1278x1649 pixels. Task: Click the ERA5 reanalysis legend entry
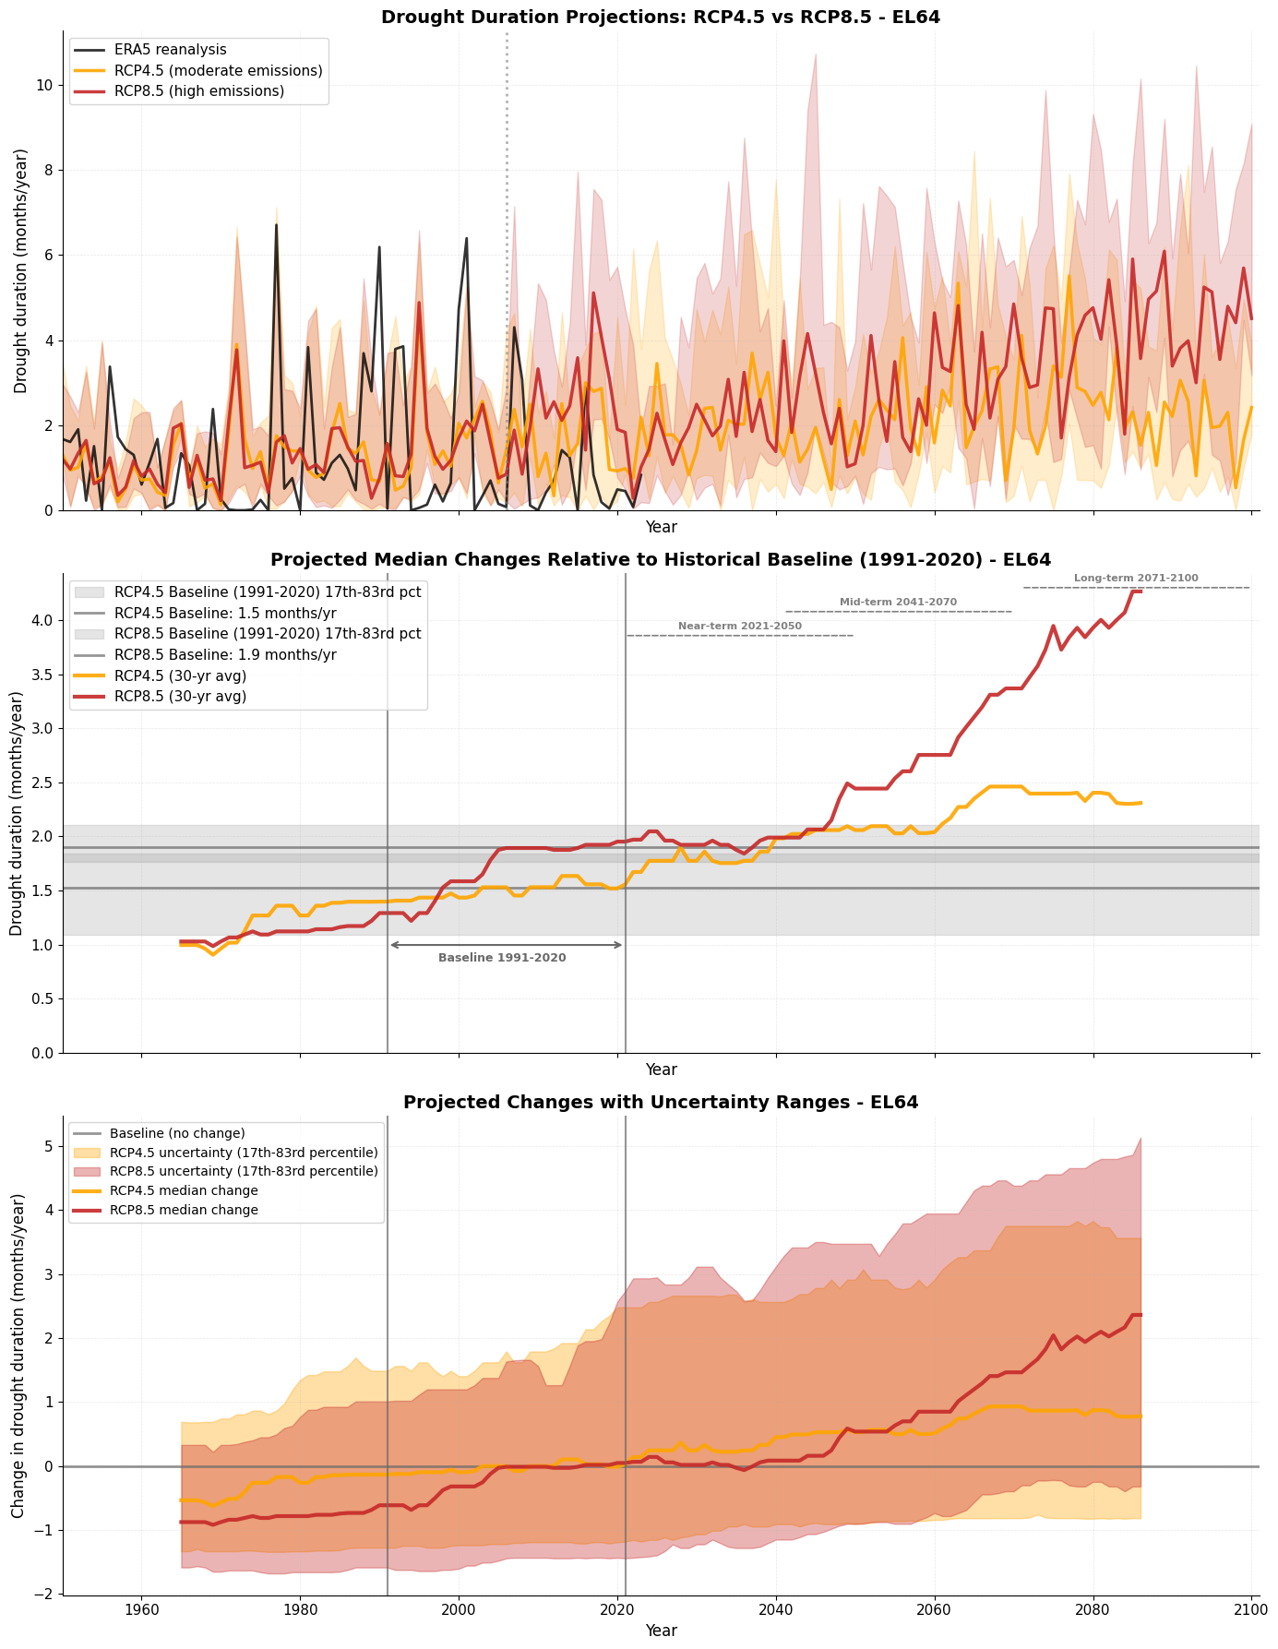tap(166, 50)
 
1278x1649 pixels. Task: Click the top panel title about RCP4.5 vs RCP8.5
tap(661, 17)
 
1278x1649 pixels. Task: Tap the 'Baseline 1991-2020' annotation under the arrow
tap(502, 958)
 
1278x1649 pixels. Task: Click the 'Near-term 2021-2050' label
tap(740, 626)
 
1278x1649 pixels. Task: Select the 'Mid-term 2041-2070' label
tap(898, 602)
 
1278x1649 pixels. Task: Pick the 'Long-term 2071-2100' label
tap(1136, 578)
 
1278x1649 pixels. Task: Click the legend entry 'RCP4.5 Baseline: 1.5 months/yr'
tap(226, 613)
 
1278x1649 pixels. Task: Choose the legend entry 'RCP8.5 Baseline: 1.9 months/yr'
tap(226, 655)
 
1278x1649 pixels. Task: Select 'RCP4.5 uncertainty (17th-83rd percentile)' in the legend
tap(244, 1153)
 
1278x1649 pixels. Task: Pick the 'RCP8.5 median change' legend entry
tap(184, 1210)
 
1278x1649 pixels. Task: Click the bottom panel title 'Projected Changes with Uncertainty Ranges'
tap(661, 1102)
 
